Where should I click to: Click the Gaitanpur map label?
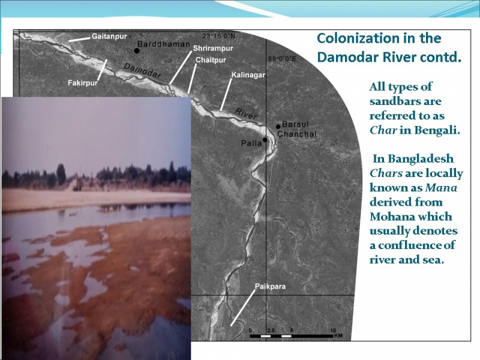click(x=109, y=37)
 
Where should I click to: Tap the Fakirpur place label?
click(x=83, y=83)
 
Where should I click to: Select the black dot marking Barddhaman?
click(x=137, y=51)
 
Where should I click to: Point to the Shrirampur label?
click(x=213, y=49)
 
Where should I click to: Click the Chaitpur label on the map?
click(x=211, y=60)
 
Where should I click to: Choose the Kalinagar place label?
click(x=248, y=75)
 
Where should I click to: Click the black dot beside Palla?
click(x=265, y=140)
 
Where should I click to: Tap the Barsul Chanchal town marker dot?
click(x=278, y=127)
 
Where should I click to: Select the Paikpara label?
click(x=271, y=287)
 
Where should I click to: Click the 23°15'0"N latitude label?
click(x=219, y=36)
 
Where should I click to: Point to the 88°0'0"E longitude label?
click(x=282, y=59)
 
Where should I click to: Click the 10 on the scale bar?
click(x=333, y=331)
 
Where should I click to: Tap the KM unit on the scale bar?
click(x=338, y=336)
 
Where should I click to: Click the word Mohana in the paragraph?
click(x=391, y=217)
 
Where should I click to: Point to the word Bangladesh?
click(x=421, y=159)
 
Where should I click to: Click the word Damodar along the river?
click(x=142, y=71)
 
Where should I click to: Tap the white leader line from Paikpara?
click(x=243, y=308)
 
